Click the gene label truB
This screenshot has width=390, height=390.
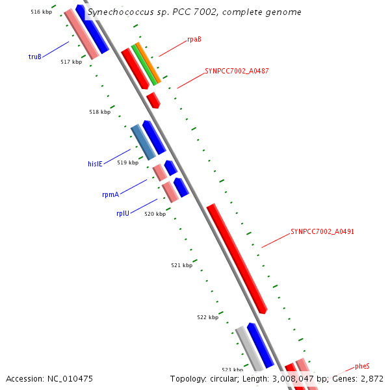[x=35, y=57]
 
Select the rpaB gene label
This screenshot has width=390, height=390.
[x=194, y=39]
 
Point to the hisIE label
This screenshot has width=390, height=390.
[x=96, y=164]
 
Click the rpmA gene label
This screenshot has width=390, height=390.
[x=110, y=194]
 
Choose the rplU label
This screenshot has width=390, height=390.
[x=123, y=213]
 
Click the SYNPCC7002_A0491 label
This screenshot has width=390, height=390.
[x=322, y=231]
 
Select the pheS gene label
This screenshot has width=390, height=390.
[x=362, y=367]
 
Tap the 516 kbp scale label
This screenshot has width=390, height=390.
[x=41, y=12]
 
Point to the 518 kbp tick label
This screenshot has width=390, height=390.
[x=99, y=112]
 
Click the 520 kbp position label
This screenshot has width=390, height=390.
[x=155, y=214]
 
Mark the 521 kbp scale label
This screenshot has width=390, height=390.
[x=181, y=265]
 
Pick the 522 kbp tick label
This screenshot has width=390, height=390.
[x=207, y=317]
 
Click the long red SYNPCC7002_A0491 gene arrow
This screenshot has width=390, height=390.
[x=237, y=259]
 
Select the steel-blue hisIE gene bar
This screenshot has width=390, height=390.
[x=143, y=142]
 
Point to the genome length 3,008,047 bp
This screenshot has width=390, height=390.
[x=298, y=378]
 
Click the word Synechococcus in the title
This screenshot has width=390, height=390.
[x=120, y=12]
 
